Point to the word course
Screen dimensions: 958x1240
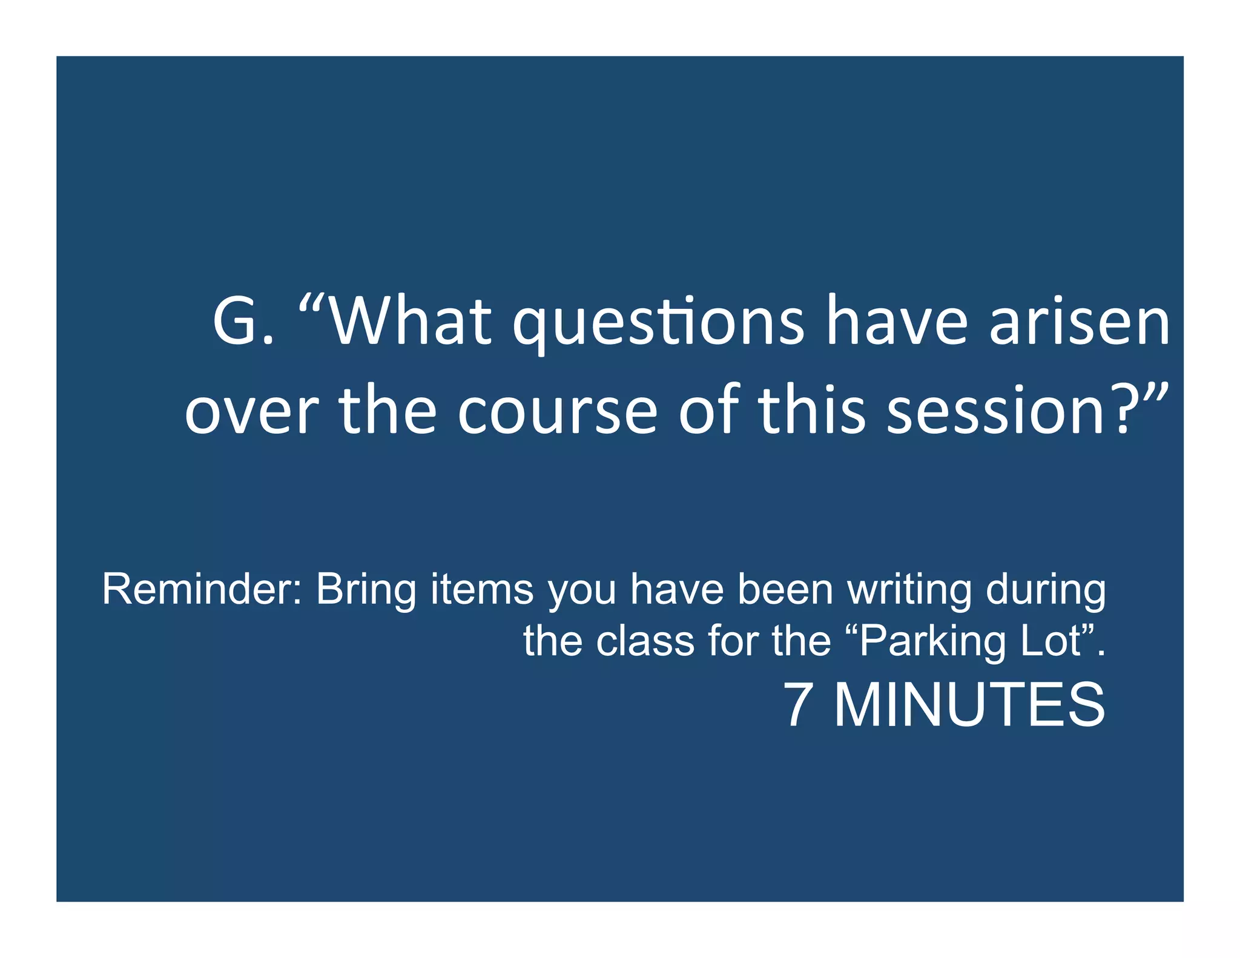click(x=557, y=412)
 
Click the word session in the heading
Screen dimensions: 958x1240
click(x=997, y=412)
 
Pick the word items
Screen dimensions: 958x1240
click(x=482, y=589)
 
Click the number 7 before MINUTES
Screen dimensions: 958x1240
click(x=798, y=704)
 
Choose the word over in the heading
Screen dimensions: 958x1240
click(x=251, y=412)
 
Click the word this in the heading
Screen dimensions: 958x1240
click(x=811, y=412)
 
